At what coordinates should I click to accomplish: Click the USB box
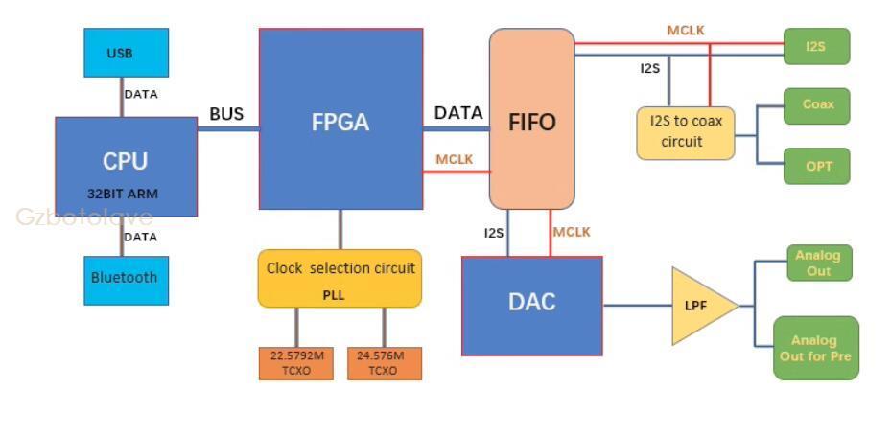126,53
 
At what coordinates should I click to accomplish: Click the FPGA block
340,119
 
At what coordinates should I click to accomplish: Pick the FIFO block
532,119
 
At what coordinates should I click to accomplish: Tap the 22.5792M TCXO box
296,363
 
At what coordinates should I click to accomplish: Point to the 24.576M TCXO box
385,363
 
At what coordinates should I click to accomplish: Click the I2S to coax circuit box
685,133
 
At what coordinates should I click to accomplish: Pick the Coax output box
817,105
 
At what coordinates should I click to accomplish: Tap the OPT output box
817,166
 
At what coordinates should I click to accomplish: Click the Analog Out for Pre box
815,348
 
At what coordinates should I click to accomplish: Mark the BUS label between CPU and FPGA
226,115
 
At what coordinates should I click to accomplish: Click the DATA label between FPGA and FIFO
458,113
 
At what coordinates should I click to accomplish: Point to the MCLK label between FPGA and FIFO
454,159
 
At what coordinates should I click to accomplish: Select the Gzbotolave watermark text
84,217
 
